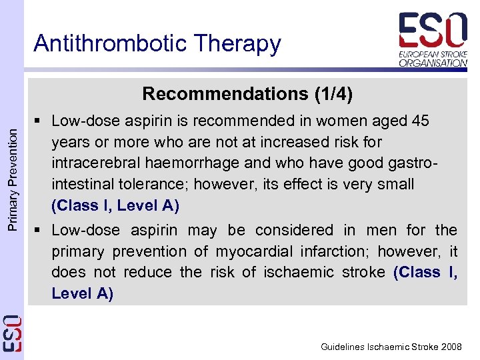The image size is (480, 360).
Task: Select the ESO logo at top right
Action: [x=433, y=39]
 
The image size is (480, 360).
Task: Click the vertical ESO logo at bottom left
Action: [x=12, y=333]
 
